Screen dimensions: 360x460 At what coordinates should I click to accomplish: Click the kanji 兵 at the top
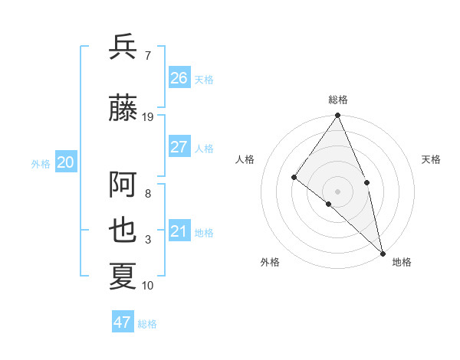point(123,47)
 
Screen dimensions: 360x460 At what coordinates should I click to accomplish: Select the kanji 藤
point(123,108)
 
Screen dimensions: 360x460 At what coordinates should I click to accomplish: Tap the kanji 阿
point(123,185)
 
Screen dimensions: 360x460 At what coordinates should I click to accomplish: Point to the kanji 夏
point(123,276)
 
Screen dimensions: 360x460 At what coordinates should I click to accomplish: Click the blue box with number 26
point(179,77)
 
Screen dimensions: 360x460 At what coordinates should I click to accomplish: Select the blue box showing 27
point(179,147)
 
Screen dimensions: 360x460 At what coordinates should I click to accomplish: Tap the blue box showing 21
point(179,231)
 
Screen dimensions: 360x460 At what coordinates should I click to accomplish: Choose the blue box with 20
point(66,162)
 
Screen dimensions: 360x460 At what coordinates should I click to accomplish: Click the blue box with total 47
point(123,322)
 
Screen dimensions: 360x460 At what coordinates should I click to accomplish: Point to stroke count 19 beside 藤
point(148,117)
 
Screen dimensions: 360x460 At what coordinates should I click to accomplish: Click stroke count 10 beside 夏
point(148,286)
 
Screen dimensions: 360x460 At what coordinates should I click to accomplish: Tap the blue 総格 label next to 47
point(147,324)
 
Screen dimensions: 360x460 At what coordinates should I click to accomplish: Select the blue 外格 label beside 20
point(41,163)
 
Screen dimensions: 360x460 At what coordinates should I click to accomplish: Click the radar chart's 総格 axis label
point(338,100)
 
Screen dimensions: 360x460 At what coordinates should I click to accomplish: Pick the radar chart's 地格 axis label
point(402,262)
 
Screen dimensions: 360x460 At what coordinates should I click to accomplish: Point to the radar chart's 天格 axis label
point(431,159)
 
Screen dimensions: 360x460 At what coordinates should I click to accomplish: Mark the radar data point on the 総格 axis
point(338,116)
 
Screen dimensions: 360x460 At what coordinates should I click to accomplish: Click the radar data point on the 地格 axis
point(382,252)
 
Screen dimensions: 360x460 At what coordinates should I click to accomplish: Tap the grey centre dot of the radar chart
point(338,191)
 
